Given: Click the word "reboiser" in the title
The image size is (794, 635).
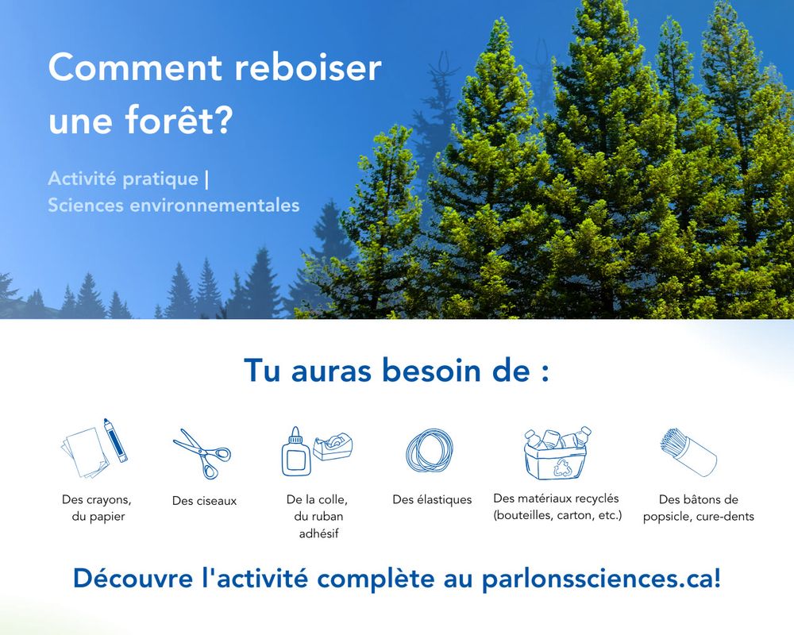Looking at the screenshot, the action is click(x=308, y=67).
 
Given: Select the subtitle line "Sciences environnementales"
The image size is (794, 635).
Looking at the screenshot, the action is click(x=174, y=205).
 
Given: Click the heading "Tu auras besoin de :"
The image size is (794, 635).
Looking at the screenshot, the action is click(x=396, y=370).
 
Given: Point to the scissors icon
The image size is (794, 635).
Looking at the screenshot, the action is click(x=202, y=454).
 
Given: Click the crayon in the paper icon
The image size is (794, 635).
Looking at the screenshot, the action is click(x=115, y=440).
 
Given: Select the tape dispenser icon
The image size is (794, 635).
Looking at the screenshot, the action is click(x=333, y=446).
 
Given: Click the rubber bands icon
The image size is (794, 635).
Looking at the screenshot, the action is click(x=430, y=451).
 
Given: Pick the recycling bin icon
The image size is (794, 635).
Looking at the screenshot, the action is click(x=557, y=454).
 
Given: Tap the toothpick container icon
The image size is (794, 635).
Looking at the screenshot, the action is click(x=688, y=452).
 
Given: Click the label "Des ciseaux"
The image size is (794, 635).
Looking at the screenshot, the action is click(x=205, y=501).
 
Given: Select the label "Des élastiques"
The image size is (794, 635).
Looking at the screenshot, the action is click(x=432, y=500).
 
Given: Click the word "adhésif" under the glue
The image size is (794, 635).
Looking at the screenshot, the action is click(x=318, y=533).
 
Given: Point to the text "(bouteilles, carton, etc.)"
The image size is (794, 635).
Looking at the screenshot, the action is click(x=557, y=515).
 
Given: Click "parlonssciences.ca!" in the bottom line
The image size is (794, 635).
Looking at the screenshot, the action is click(x=601, y=579).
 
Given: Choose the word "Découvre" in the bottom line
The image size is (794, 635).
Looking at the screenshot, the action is click(x=133, y=578).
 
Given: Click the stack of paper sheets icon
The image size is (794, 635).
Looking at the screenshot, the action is click(x=84, y=453).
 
